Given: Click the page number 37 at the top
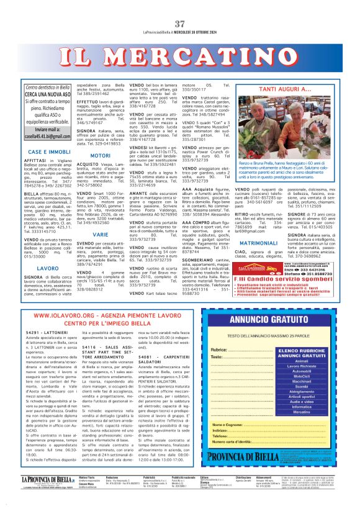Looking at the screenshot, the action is point(180,24).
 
